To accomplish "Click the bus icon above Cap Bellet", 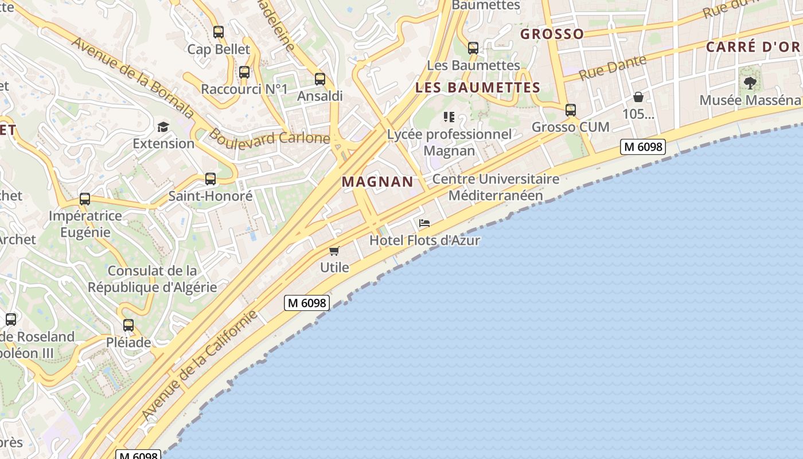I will (x=218, y=32).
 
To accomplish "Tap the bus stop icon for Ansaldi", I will (x=320, y=79).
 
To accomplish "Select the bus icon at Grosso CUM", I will (x=570, y=110).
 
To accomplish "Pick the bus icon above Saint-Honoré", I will (x=211, y=179).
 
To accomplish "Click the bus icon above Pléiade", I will (x=128, y=325).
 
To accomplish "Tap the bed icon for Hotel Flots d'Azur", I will (x=424, y=223).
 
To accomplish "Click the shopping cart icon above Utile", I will (x=334, y=251).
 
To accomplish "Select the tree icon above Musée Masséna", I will (x=750, y=83).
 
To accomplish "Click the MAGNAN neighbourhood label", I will (x=377, y=182).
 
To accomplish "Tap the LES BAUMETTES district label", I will (x=478, y=88).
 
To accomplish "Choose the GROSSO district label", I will (x=552, y=34).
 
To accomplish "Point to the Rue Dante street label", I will (x=612, y=68).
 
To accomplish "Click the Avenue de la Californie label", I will (x=199, y=365).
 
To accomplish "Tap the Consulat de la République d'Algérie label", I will (x=153, y=279).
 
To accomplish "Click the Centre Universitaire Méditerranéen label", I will (x=496, y=187).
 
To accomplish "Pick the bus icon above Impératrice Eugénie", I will (x=85, y=199).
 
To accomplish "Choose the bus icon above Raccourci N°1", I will (x=244, y=72).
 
